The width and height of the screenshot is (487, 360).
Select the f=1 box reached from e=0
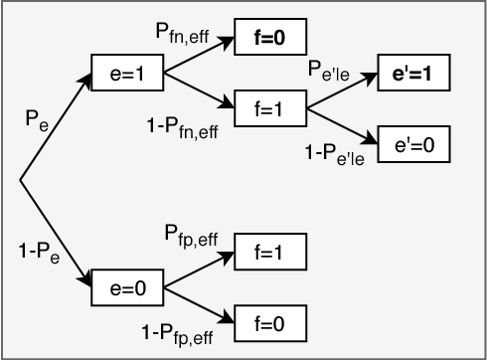coord(269,255)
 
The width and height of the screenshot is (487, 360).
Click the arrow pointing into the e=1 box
coord(56,128)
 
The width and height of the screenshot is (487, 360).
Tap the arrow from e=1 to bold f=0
coord(199,57)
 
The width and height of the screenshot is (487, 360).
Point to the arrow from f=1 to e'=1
coord(344,90)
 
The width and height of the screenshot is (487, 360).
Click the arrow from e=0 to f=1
coord(199,270)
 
